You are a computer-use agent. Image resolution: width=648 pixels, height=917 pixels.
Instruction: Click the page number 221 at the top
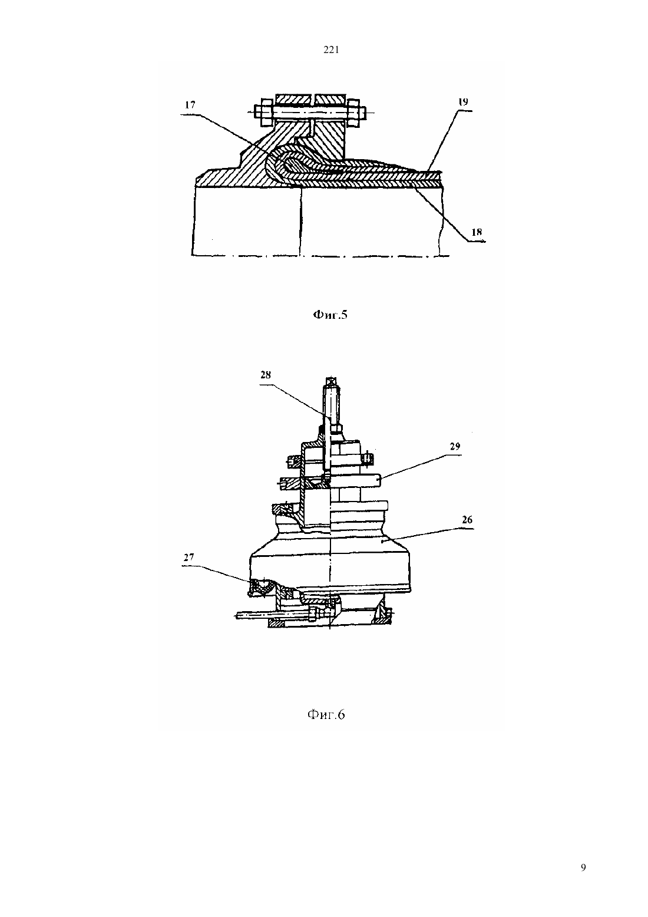331,50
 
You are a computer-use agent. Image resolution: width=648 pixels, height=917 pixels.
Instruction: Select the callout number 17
190,105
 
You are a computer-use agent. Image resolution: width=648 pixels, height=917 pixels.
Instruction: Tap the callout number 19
462,102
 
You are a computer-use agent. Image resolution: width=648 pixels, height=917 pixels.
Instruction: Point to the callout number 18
477,232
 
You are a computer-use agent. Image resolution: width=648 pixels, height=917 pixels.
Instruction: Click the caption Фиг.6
326,715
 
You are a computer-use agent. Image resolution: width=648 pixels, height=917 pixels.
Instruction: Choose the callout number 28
266,375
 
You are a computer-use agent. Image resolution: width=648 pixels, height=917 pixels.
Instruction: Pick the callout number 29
455,447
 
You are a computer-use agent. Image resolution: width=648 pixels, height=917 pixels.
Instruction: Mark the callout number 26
467,520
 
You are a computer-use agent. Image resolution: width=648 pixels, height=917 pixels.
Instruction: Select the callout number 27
189,557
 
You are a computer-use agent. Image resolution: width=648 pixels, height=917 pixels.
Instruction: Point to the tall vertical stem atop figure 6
331,403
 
